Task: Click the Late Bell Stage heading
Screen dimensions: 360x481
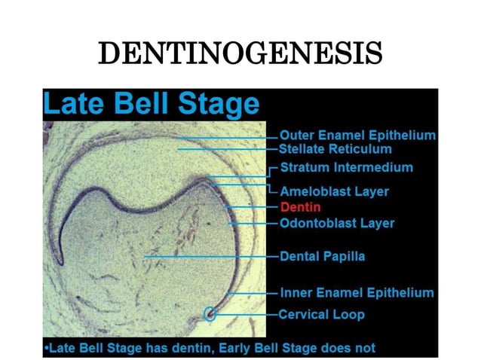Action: click(x=151, y=104)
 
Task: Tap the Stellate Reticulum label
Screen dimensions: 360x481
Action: click(x=336, y=149)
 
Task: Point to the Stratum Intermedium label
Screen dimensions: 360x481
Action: click(x=347, y=167)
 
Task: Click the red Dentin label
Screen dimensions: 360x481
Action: click(x=300, y=206)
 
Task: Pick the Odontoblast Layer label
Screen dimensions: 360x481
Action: click(x=337, y=223)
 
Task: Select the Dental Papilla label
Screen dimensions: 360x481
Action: click(x=323, y=256)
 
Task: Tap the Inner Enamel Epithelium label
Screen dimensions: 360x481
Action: click(x=357, y=292)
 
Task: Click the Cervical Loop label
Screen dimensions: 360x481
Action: click(x=322, y=314)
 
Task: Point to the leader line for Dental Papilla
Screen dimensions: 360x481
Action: click(x=211, y=257)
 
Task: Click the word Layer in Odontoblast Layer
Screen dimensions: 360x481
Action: click(x=376, y=223)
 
